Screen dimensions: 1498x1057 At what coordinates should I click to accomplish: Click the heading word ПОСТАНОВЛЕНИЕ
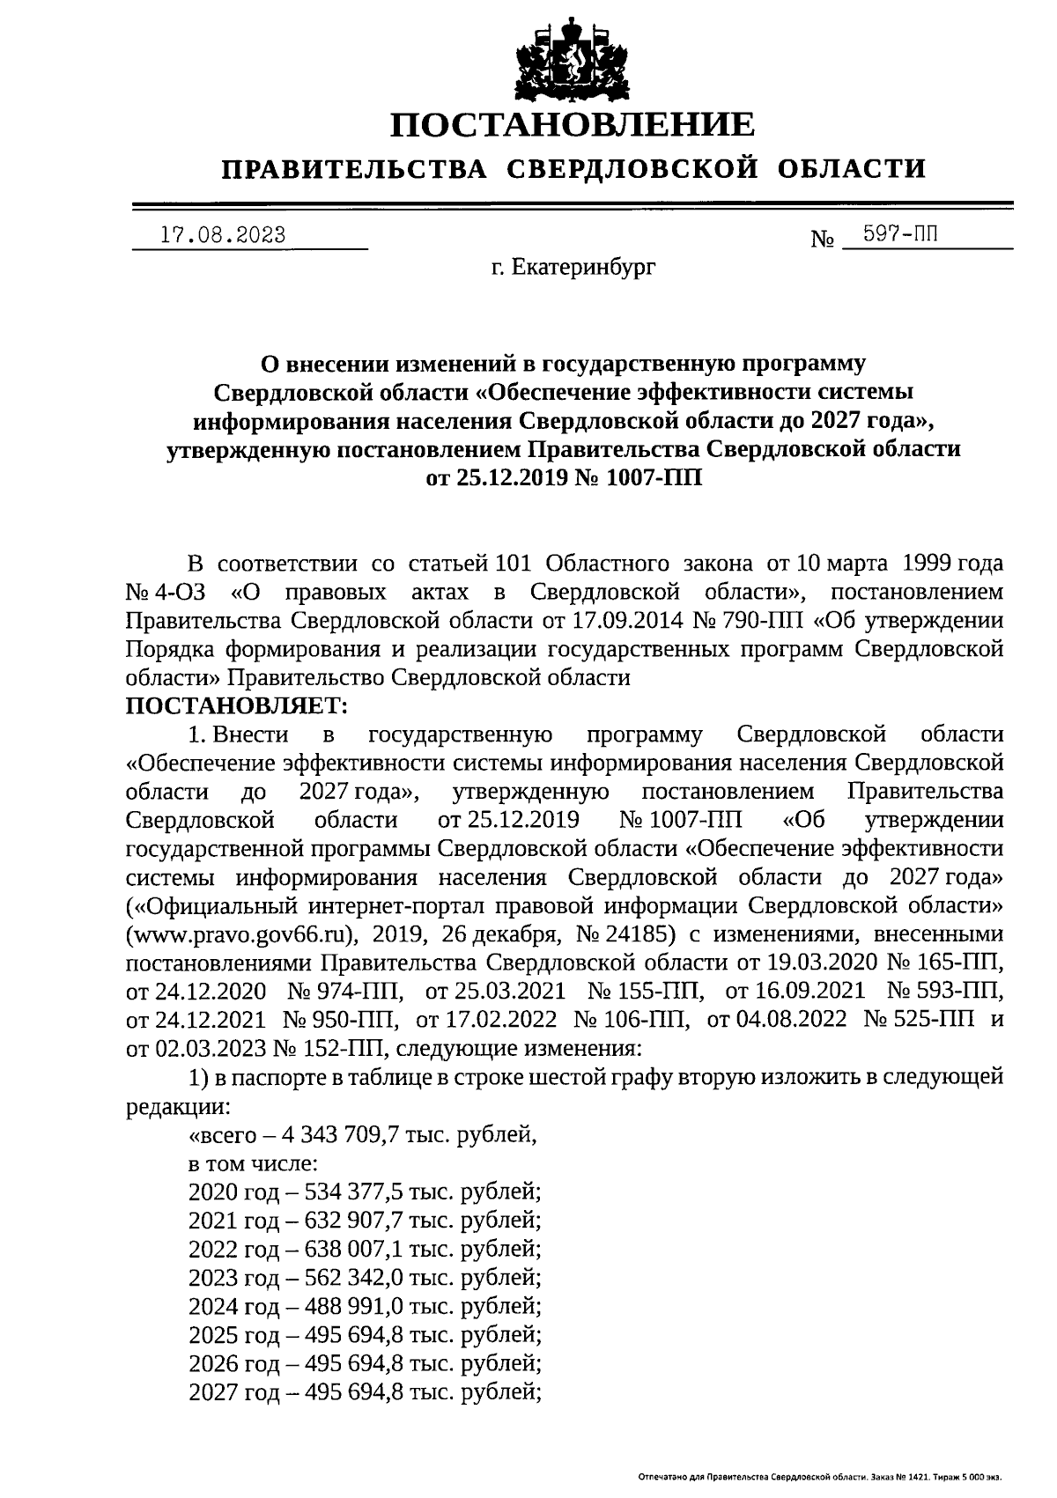click(573, 124)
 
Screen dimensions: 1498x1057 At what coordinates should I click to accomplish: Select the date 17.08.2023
click(223, 235)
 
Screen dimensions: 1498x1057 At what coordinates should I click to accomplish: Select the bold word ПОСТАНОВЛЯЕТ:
click(238, 705)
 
